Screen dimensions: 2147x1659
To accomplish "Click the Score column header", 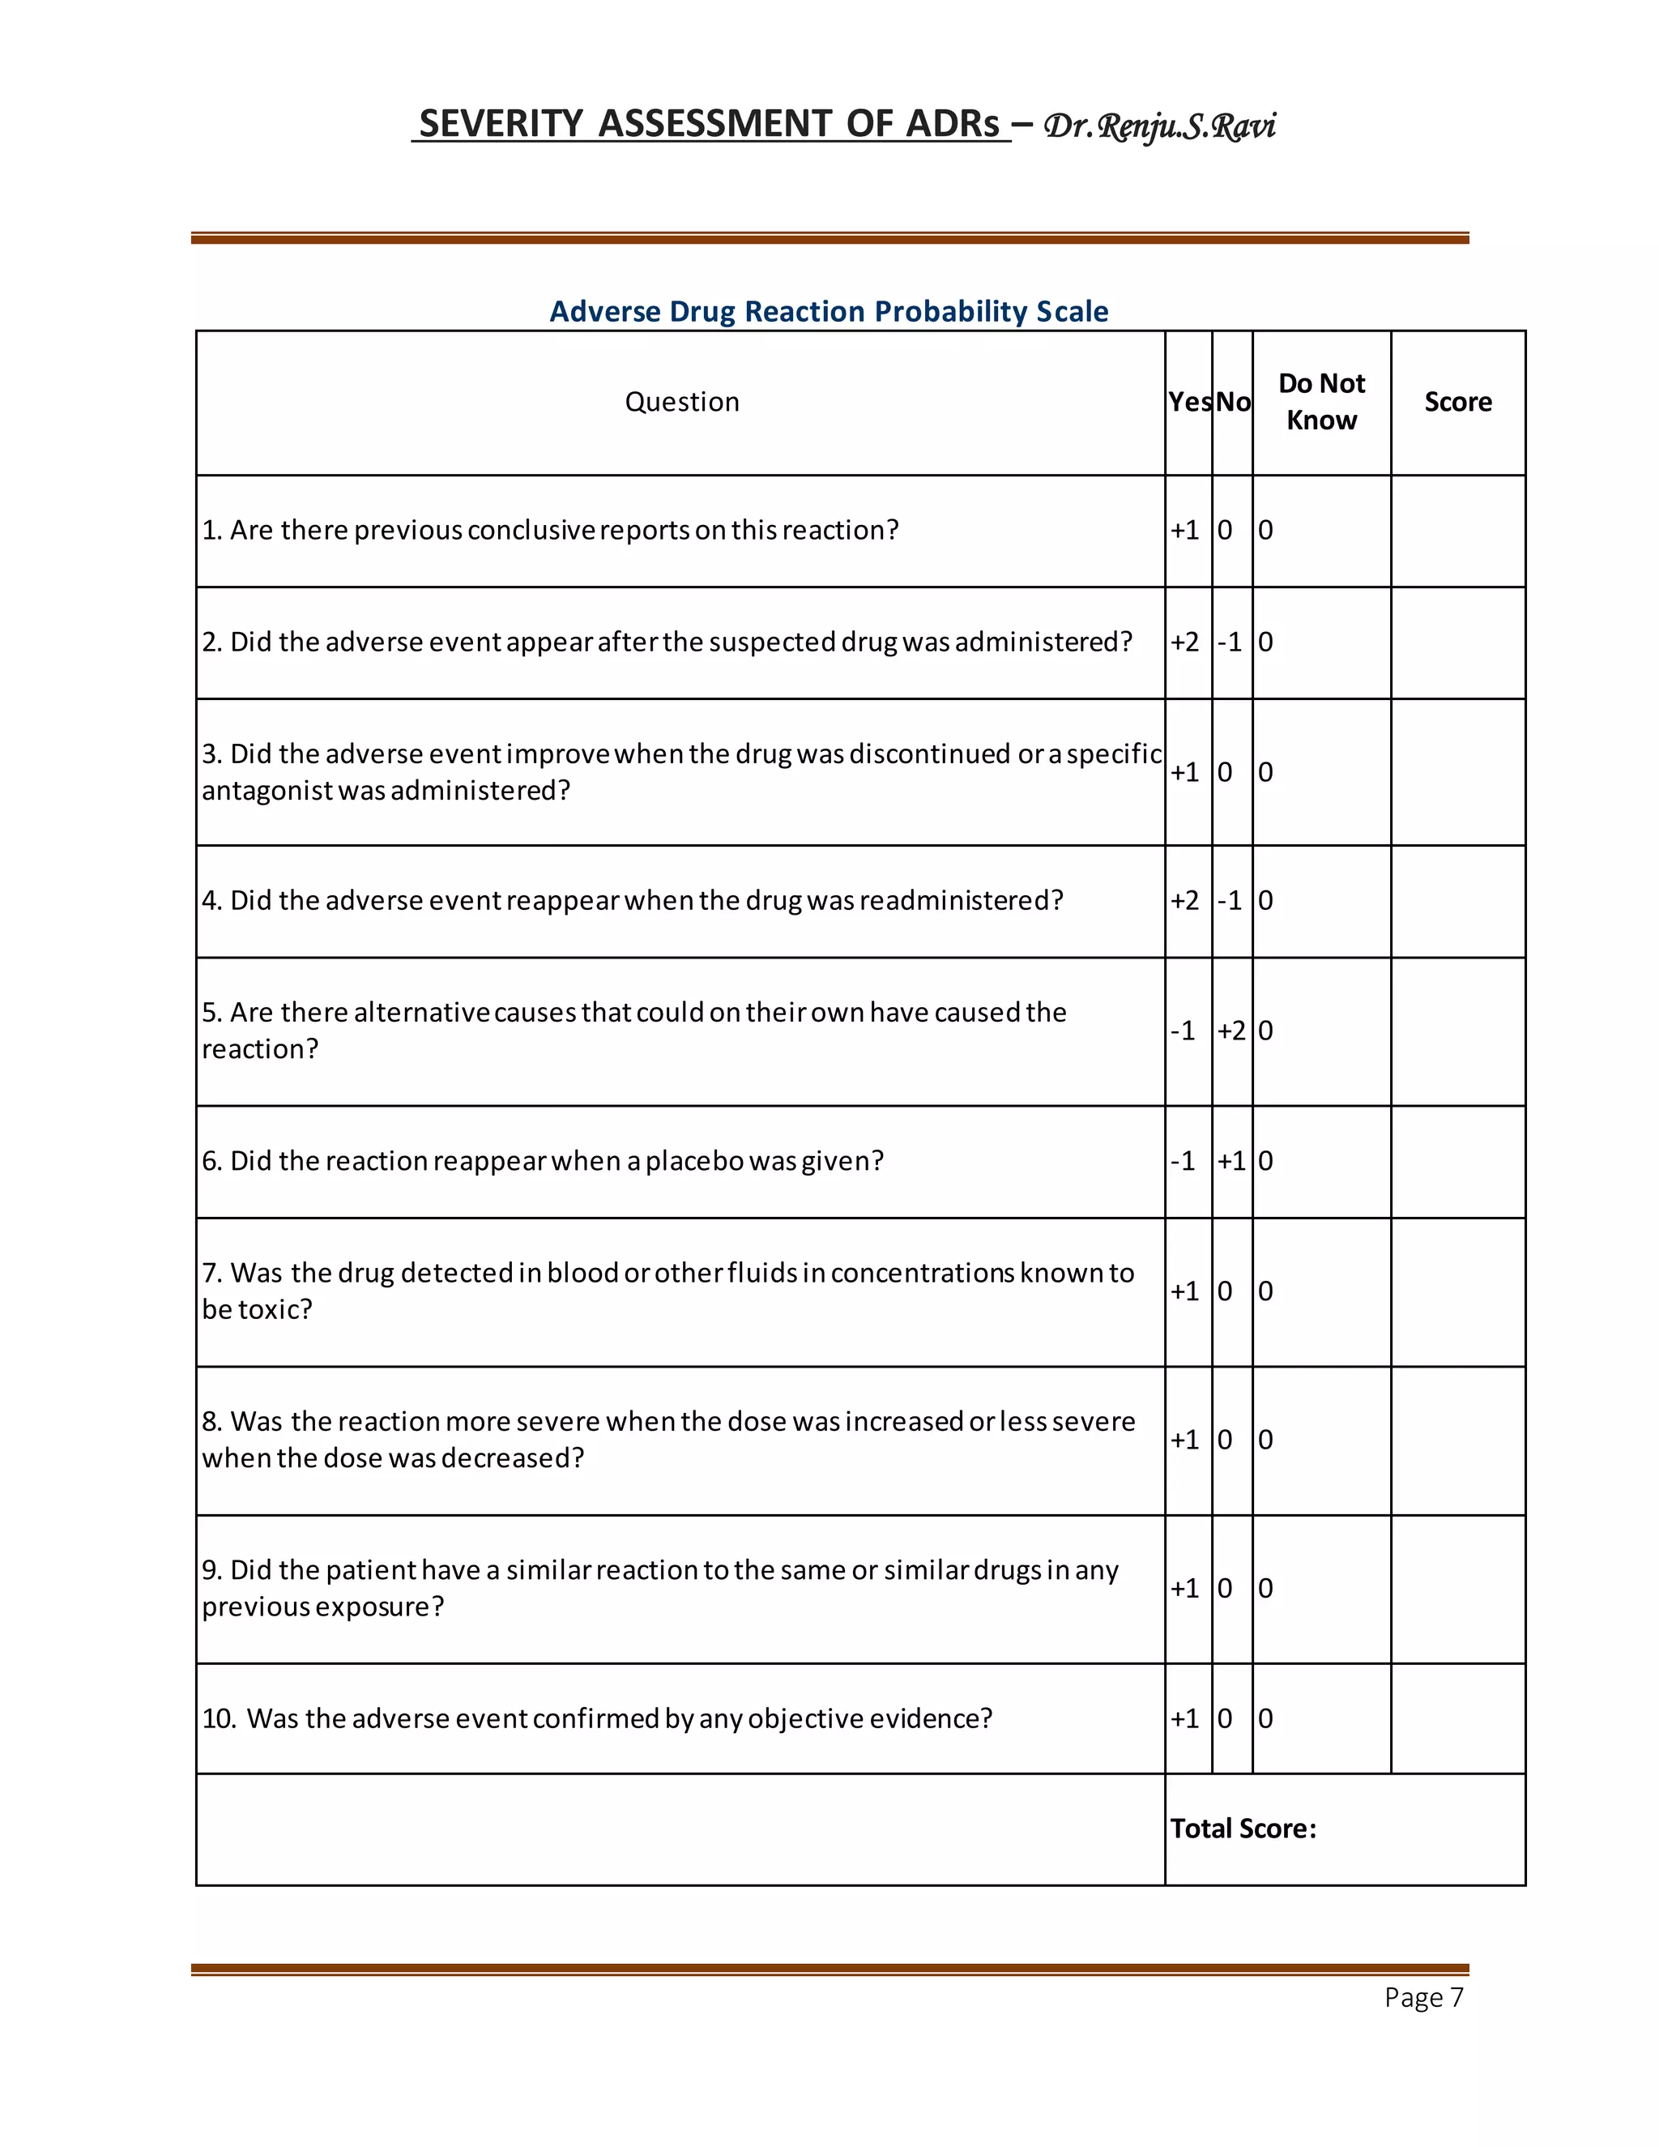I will click(x=1457, y=401).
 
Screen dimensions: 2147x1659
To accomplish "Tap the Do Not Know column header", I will click(x=1321, y=401).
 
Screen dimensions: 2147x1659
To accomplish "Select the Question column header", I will click(x=681, y=401).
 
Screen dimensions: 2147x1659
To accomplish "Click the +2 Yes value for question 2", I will click(x=1184, y=642).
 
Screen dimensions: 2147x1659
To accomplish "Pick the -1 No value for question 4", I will click(x=1230, y=900).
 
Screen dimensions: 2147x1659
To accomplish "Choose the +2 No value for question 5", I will click(x=1230, y=1031).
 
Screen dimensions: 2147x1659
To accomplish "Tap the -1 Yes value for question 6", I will click(x=1183, y=1161).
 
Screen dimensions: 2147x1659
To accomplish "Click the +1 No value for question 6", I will click(x=1230, y=1161).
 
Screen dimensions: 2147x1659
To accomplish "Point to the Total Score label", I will click(x=1243, y=1829).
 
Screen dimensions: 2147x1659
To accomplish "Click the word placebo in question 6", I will click(x=694, y=1161).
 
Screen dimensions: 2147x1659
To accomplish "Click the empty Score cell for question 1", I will click(x=1457, y=531).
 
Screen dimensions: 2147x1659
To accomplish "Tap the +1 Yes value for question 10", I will click(x=1184, y=1718).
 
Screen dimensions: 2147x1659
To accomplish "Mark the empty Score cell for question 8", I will click(x=1457, y=1441).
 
